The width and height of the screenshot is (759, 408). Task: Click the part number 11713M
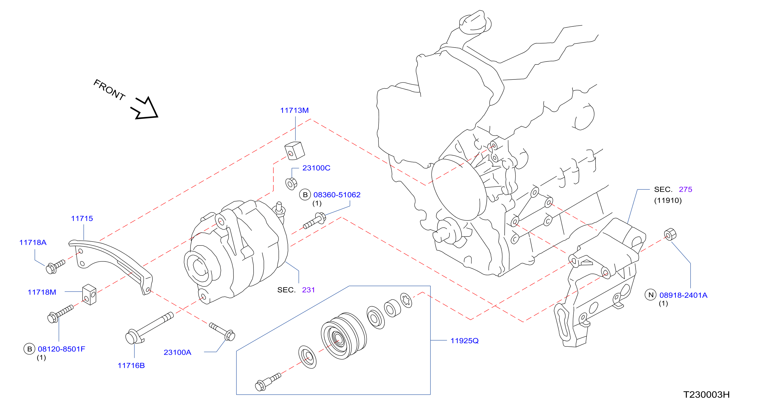pyautogui.click(x=294, y=111)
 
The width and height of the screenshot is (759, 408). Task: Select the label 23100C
pyautogui.click(x=316, y=168)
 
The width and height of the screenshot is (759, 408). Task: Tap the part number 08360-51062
pyautogui.click(x=337, y=195)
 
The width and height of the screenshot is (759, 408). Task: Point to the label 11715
pyautogui.click(x=82, y=219)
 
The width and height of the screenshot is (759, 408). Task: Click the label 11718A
pyautogui.click(x=33, y=242)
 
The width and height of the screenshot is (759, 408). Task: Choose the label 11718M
pyautogui.click(x=42, y=292)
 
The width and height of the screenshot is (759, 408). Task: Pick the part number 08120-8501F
pyautogui.click(x=62, y=349)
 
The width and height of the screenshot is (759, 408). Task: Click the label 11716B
pyautogui.click(x=131, y=366)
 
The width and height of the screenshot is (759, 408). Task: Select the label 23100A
pyautogui.click(x=177, y=352)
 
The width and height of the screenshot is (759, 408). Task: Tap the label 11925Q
pyautogui.click(x=464, y=341)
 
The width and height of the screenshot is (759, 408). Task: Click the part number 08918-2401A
pyautogui.click(x=683, y=295)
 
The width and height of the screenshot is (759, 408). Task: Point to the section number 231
pyautogui.click(x=308, y=290)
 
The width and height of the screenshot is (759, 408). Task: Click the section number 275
pyautogui.click(x=685, y=189)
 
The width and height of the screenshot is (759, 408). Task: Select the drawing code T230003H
pyautogui.click(x=707, y=395)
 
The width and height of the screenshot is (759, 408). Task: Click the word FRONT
pyautogui.click(x=109, y=90)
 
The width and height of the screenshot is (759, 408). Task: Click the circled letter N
pyautogui.click(x=650, y=295)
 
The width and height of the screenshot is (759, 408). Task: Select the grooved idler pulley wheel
pyautogui.click(x=344, y=336)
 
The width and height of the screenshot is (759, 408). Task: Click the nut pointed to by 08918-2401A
pyautogui.click(x=670, y=234)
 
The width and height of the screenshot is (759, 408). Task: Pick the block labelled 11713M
pyautogui.click(x=294, y=151)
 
